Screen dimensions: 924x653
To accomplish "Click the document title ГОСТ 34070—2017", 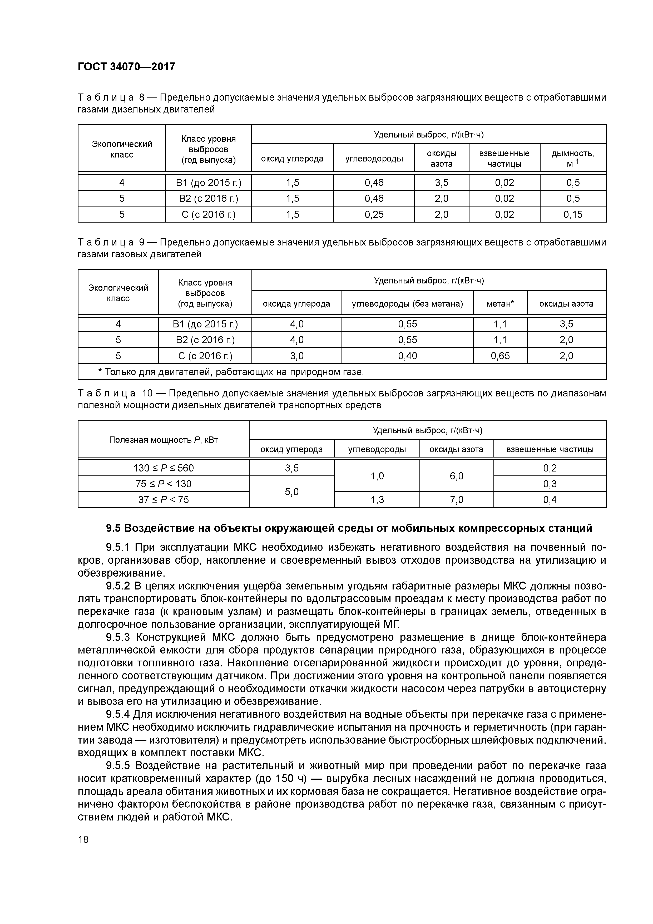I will (x=126, y=66).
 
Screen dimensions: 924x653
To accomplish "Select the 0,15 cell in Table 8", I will (x=572, y=214).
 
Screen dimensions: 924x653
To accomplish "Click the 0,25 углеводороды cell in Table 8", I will (x=374, y=214).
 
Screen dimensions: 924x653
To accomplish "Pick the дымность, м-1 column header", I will (x=572, y=158).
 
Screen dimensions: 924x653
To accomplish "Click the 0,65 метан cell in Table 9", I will (x=500, y=356).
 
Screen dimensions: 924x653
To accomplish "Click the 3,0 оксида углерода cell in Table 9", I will (x=296, y=356).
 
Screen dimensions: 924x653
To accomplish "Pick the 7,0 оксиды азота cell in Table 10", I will (x=456, y=499).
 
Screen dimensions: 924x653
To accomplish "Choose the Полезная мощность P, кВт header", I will (x=163, y=439).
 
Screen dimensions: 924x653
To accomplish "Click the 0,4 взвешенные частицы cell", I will (x=549, y=499).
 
